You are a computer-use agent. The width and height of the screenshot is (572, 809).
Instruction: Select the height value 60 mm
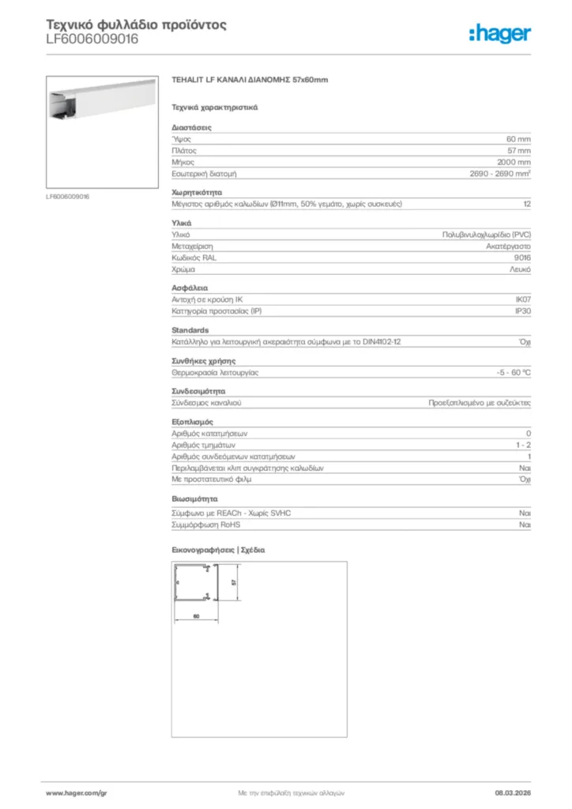point(518,138)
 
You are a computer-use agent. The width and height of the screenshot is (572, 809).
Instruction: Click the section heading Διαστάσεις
point(191,127)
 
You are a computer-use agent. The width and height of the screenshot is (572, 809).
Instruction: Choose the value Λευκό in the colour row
point(520,270)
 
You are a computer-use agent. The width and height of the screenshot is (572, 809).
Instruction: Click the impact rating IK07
point(522,299)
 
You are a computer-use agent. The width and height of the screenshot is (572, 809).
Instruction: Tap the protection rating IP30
point(522,311)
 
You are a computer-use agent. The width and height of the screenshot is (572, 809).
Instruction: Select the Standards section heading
point(190,330)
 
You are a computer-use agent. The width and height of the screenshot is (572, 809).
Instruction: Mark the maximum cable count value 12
point(526,204)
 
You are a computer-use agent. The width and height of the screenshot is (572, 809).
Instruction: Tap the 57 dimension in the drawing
point(234,581)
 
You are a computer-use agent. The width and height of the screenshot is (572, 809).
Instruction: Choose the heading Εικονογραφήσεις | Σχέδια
point(218,549)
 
